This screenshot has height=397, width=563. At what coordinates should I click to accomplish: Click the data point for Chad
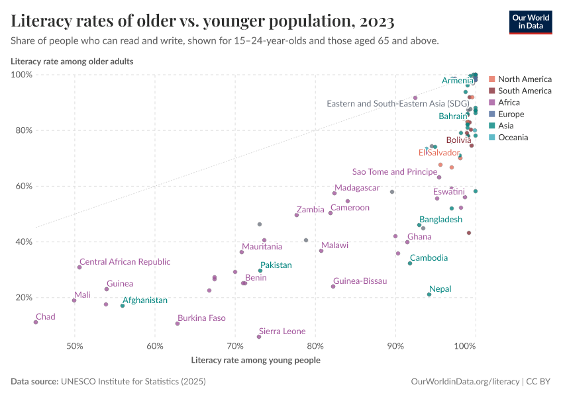36,322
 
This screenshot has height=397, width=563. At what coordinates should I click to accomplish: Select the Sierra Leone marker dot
259,337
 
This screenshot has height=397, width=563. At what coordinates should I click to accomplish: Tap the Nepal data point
429,294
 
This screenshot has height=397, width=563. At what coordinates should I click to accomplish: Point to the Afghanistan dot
123,306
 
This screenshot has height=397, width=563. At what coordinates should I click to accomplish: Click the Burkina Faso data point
178,324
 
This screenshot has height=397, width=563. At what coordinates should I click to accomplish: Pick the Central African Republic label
125,262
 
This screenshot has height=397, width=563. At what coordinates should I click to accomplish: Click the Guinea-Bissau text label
360,281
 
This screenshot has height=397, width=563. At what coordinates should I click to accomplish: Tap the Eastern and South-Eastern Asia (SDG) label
397,104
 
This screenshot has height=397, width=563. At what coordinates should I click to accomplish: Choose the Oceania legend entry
513,138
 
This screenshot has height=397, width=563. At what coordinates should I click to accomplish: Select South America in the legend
524,91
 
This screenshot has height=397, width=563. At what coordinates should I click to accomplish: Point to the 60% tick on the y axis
21,186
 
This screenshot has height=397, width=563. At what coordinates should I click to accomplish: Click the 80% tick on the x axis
315,346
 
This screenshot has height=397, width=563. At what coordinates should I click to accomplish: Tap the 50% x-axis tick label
74,346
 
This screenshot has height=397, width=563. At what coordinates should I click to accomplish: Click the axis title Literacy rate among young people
255,361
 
